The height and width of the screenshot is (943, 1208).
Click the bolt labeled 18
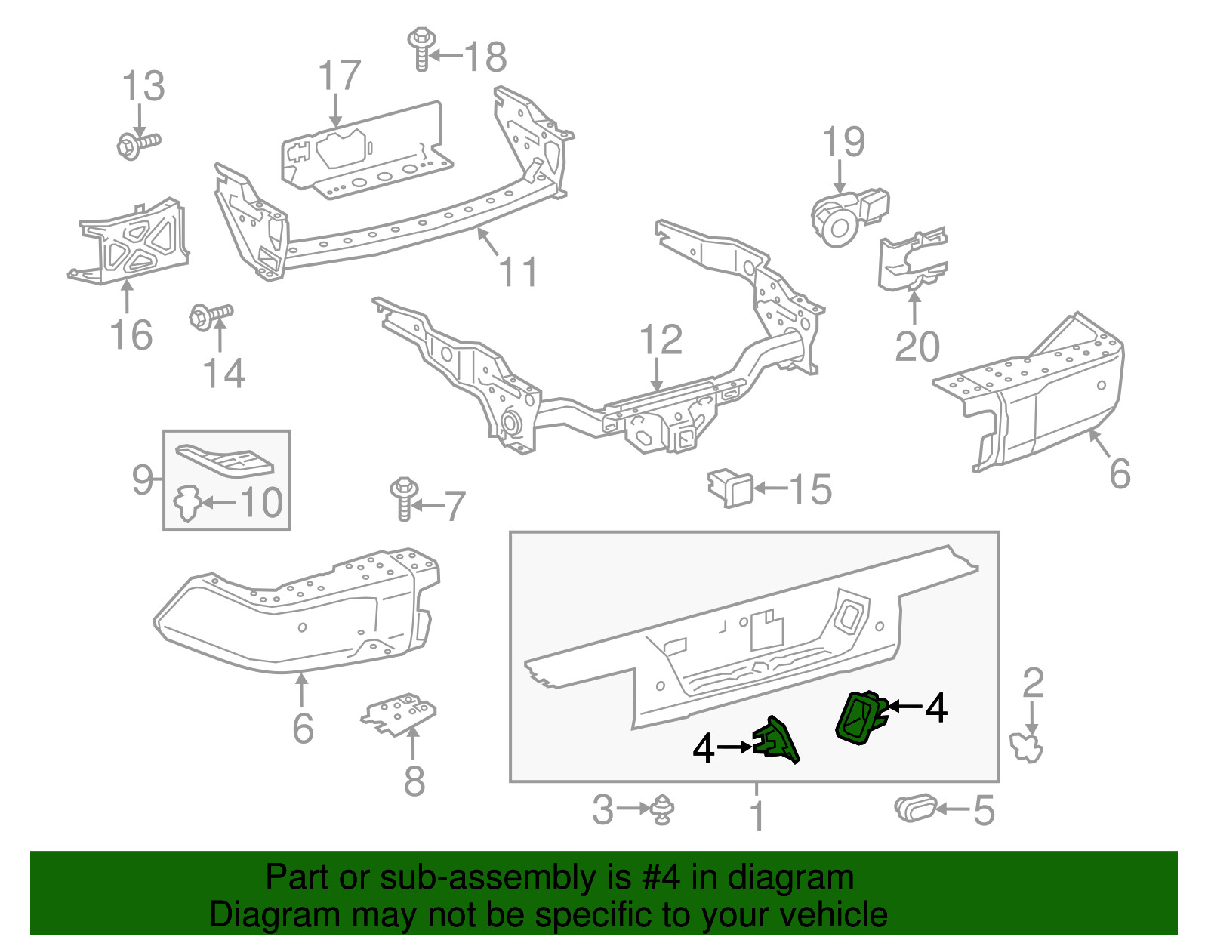click(421, 49)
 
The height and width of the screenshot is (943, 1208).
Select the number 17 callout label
click(339, 76)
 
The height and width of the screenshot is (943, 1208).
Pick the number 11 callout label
click(519, 272)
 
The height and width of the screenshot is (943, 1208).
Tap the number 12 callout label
click(661, 340)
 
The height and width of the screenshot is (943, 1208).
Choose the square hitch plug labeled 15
click(730, 488)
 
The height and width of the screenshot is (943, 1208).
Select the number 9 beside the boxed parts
click(142, 479)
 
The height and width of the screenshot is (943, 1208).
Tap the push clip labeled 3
click(662, 809)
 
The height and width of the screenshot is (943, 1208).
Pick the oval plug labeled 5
click(915, 809)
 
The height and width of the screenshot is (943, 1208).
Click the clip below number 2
click(1027, 747)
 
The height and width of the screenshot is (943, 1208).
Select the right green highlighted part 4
click(861, 716)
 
